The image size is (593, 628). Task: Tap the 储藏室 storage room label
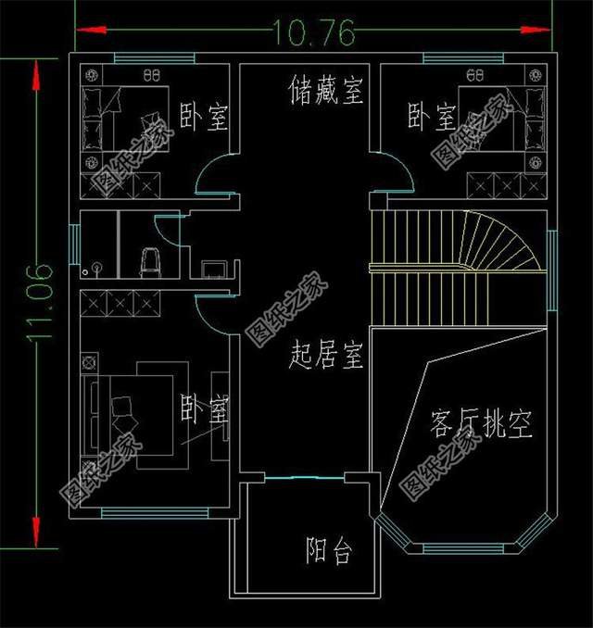(325, 92)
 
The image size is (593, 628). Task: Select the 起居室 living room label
(325, 353)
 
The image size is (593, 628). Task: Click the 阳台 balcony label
(329, 552)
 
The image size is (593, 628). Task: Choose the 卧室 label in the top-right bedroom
(432, 117)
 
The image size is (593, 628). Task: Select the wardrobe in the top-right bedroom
(505, 183)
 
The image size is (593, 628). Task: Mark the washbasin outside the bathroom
(216, 270)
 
